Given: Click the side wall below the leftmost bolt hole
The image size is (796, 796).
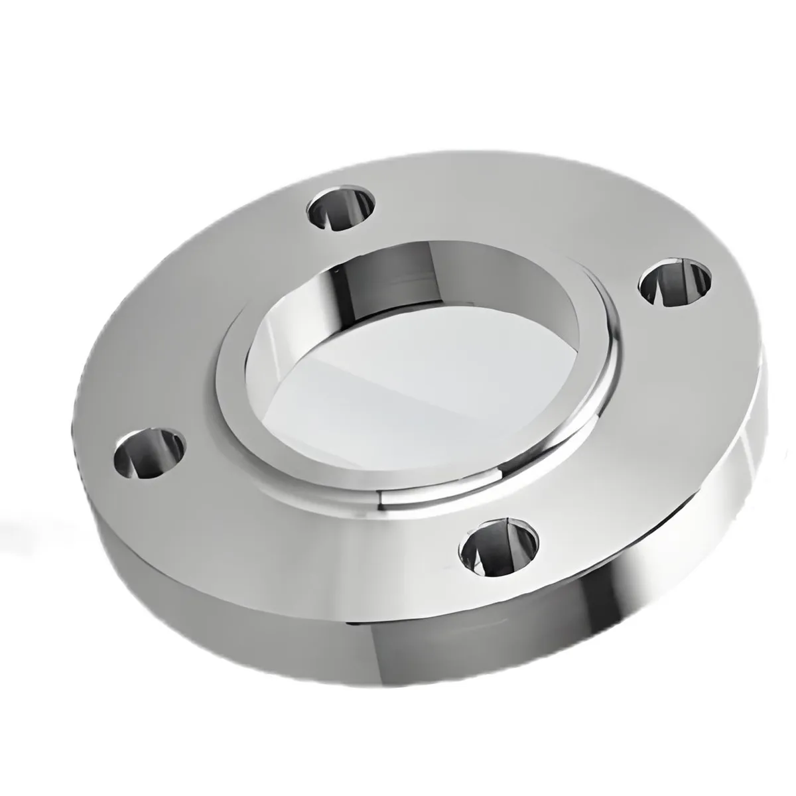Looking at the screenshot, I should coord(133,531).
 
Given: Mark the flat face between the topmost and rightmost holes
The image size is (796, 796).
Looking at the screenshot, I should coord(531,212).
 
